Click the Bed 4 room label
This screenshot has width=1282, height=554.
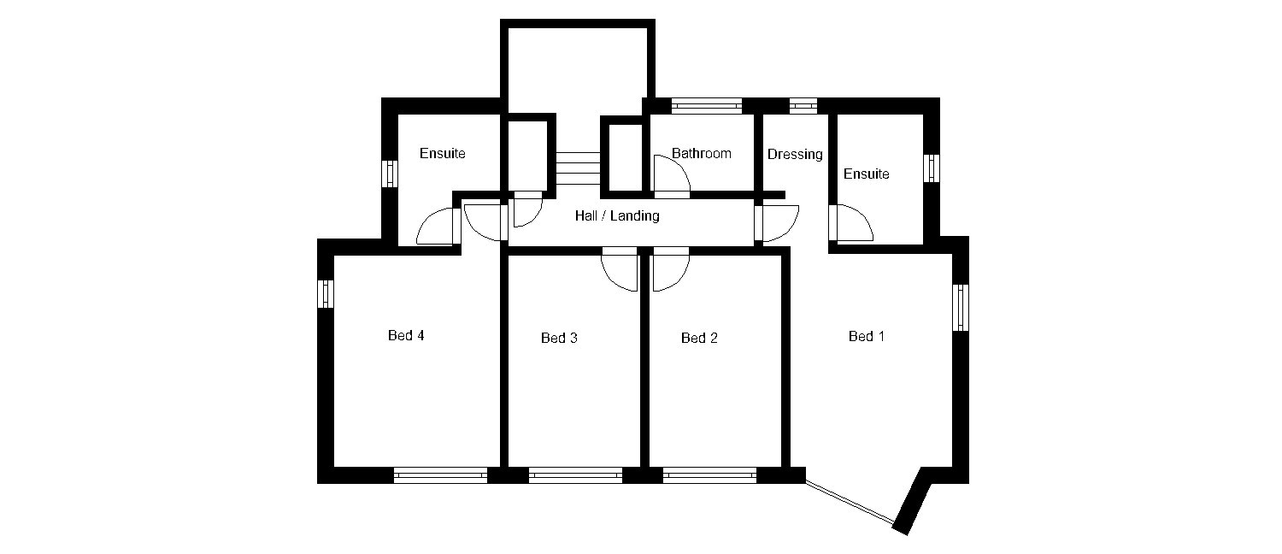[x=406, y=335]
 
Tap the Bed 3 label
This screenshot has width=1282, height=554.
[x=559, y=339]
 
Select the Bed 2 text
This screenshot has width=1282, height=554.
[x=699, y=339]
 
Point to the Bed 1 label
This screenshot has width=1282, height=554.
[x=867, y=337]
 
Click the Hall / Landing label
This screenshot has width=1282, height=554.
[x=617, y=215]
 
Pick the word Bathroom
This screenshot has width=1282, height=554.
[x=701, y=153]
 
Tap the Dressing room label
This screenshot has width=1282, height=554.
[x=795, y=155]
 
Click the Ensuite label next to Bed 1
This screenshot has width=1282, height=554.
[x=867, y=174]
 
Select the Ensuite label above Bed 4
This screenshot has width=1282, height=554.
[x=443, y=153]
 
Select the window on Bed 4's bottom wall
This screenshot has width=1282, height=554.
[x=441, y=475]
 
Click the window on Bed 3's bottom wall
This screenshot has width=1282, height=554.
[x=575, y=475]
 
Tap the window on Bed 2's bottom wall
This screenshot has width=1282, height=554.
[x=709, y=475]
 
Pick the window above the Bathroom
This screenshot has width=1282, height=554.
[x=706, y=106]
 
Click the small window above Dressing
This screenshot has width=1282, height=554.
[x=803, y=106]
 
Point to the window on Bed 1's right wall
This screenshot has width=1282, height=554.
[x=961, y=307]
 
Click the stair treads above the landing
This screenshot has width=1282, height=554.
[x=578, y=168]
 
